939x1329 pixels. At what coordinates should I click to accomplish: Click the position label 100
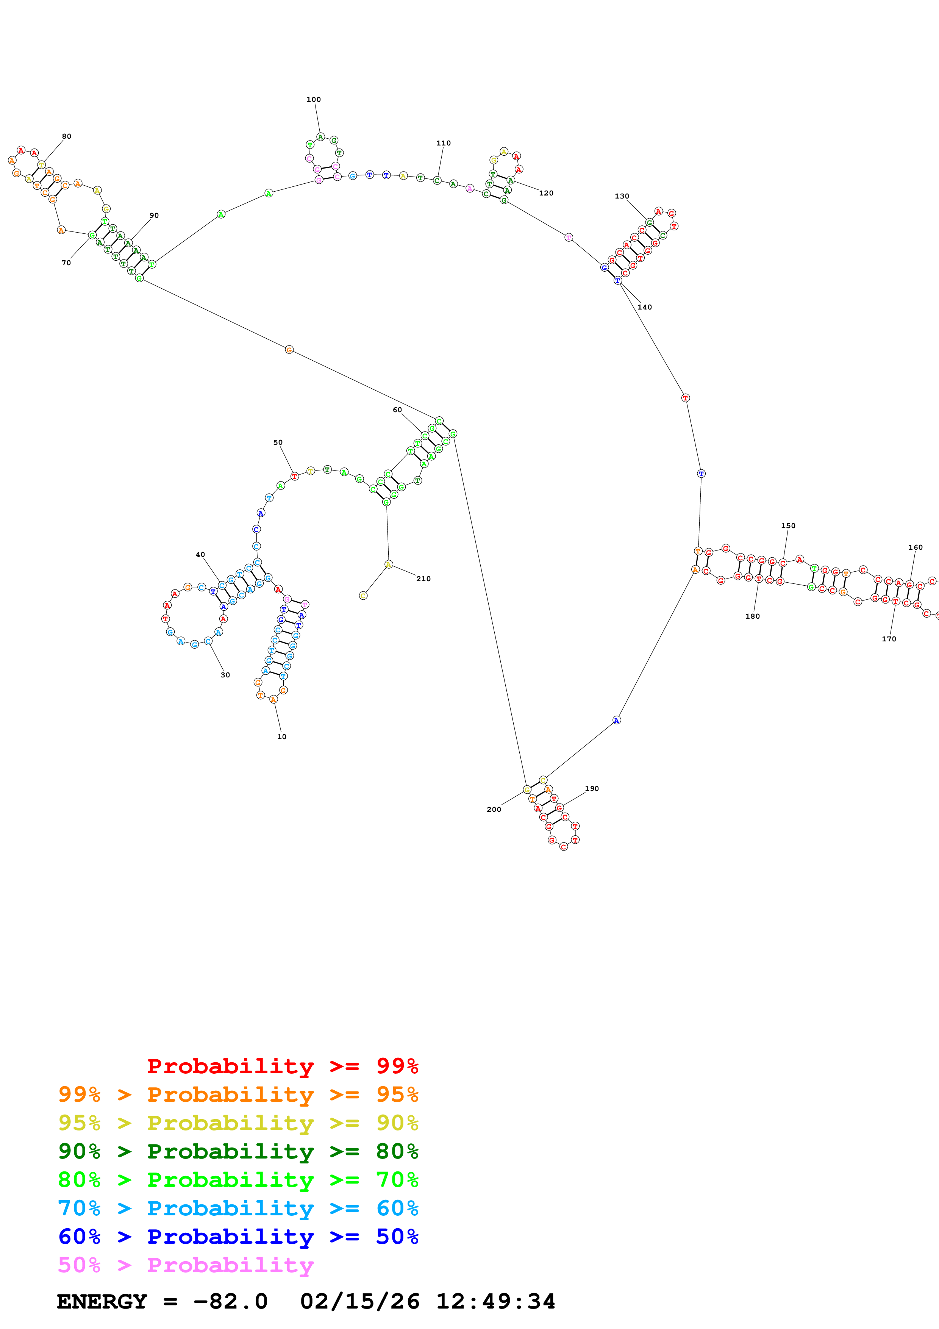click(x=314, y=100)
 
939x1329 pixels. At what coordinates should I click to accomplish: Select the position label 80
click(x=67, y=137)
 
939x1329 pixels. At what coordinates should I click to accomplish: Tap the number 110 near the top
click(x=443, y=143)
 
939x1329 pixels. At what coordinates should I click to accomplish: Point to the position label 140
click(x=645, y=307)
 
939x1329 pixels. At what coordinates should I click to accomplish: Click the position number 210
click(x=423, y=579)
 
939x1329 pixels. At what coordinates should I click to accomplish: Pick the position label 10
click(x=282, y=737)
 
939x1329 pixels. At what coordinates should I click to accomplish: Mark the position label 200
click(x=494, y=810)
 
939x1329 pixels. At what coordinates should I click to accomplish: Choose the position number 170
click(x=889, y=639)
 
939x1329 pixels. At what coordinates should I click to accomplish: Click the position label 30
click(x=225, y=675)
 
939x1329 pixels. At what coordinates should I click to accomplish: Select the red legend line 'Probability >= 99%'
click(x=282, y=1066)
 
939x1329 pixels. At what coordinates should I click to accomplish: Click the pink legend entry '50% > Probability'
click(x=185, y=1265)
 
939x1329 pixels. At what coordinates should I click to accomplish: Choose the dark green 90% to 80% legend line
click(x=238, y=1151)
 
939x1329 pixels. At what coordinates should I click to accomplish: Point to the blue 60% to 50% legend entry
click(x=238, y=1237)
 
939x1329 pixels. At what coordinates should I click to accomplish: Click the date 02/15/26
click(x=359, y=1302)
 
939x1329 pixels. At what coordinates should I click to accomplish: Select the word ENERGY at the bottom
click(x=102, y=1302)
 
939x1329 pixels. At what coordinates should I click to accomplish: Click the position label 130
click(x=622, y=196)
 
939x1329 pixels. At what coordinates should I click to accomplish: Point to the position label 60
click(x=397, y=410)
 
